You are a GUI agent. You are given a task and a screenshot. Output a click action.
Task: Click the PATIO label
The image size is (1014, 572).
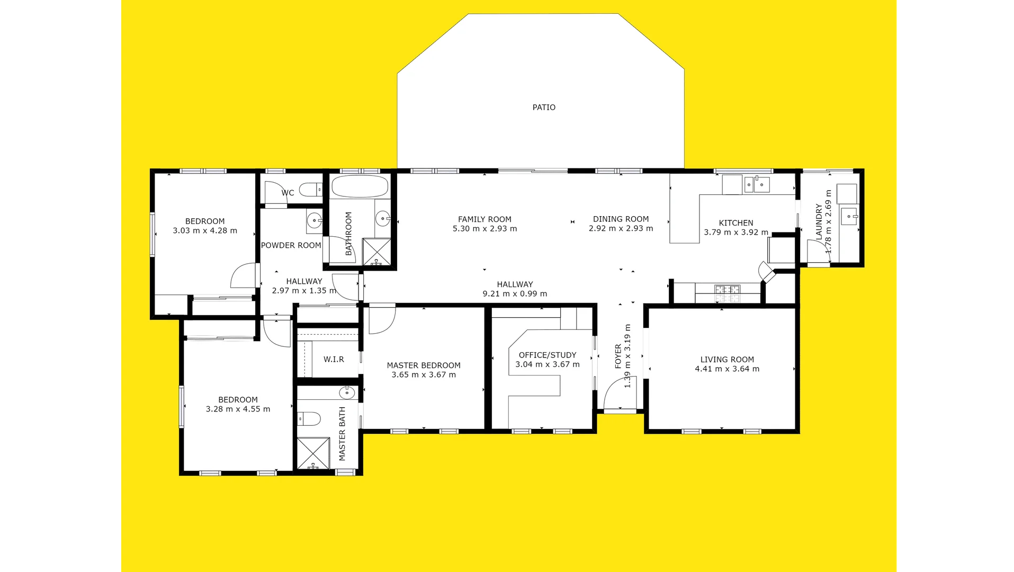pos(544,108)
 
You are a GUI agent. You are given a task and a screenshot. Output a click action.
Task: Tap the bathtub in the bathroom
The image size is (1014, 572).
pos(360,186)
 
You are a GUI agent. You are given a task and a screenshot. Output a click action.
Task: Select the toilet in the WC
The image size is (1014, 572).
pos(311,189)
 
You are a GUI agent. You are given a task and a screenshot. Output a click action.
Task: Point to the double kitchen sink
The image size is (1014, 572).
pos(757,184)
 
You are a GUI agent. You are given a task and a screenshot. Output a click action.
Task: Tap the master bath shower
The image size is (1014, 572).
pos(313,453)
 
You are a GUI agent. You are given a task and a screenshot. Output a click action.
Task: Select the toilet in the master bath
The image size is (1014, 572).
pos(309,419)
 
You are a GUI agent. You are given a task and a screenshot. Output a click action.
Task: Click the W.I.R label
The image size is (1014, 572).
pos(334,360)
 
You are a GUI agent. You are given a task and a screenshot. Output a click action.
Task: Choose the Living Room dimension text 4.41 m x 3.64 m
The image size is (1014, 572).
pos(727,369)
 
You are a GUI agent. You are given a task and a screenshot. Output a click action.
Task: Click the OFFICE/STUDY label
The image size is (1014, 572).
pos(548,355)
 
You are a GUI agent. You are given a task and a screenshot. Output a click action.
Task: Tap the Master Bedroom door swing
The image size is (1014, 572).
pos(381,320)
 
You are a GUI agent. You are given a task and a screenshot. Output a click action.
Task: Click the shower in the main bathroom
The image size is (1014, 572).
pos(376,252)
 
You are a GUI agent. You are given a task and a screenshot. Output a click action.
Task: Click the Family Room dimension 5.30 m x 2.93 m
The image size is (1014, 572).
pos(484,229)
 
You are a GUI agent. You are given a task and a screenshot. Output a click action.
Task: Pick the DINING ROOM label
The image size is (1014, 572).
pos(621,219)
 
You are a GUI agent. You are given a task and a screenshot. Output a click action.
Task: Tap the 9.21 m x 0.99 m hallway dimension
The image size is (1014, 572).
pos(515,294)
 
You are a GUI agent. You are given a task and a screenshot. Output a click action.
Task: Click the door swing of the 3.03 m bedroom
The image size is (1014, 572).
pos(244,276)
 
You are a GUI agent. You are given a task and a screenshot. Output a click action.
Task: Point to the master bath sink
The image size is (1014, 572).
pos(346,393)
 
